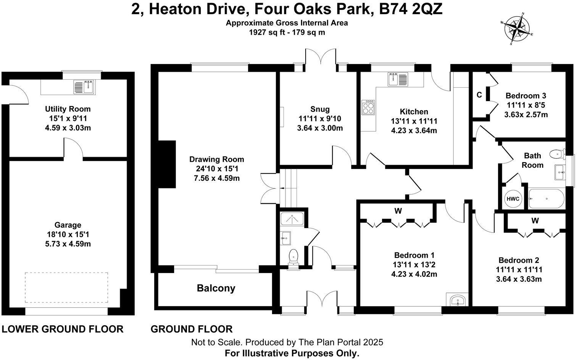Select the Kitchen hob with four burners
[x=368, y=108]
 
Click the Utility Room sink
[x=84, y=87]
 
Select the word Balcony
[x=216, y=288]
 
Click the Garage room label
[x=68, y=225]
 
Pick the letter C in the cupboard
[x=479, y=95]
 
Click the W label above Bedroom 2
[x=535, y=220]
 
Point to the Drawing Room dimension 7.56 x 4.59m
[x=217, y=178]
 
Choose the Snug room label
[x=320, y=109]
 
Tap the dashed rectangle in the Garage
[x=66, y=288]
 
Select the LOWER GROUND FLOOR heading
[x=63, y=329]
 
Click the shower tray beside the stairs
[x=292, y=219]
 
